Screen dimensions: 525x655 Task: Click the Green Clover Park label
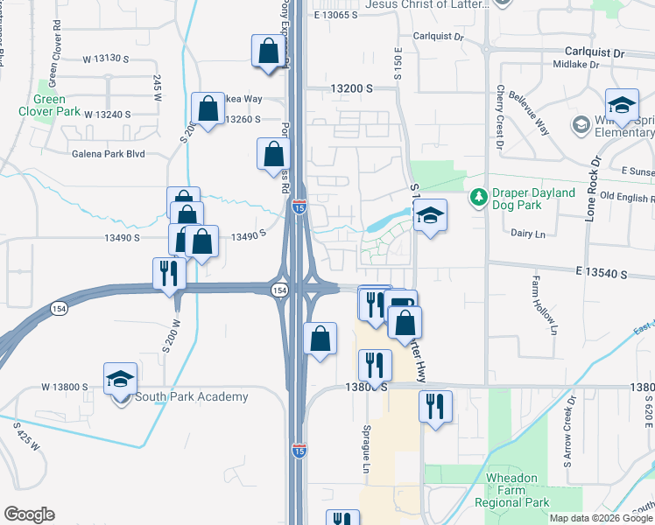point(48,105)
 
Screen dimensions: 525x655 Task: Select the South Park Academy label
point(191,396)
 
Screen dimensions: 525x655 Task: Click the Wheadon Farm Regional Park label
point(511,495)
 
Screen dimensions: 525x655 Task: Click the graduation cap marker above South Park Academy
point(120,379)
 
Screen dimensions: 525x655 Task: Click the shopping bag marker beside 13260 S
point(208,110)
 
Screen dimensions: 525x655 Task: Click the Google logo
point(29,514)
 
